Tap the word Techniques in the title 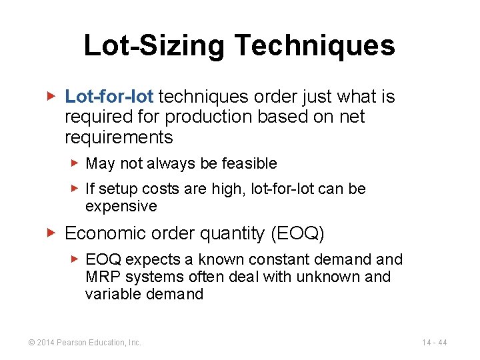315,46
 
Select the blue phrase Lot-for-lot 109,97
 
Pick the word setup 115,189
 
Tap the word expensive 121,206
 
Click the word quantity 233,233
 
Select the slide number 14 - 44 434,343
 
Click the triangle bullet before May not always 75,163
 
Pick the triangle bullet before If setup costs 75,189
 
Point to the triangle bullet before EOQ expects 75,259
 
